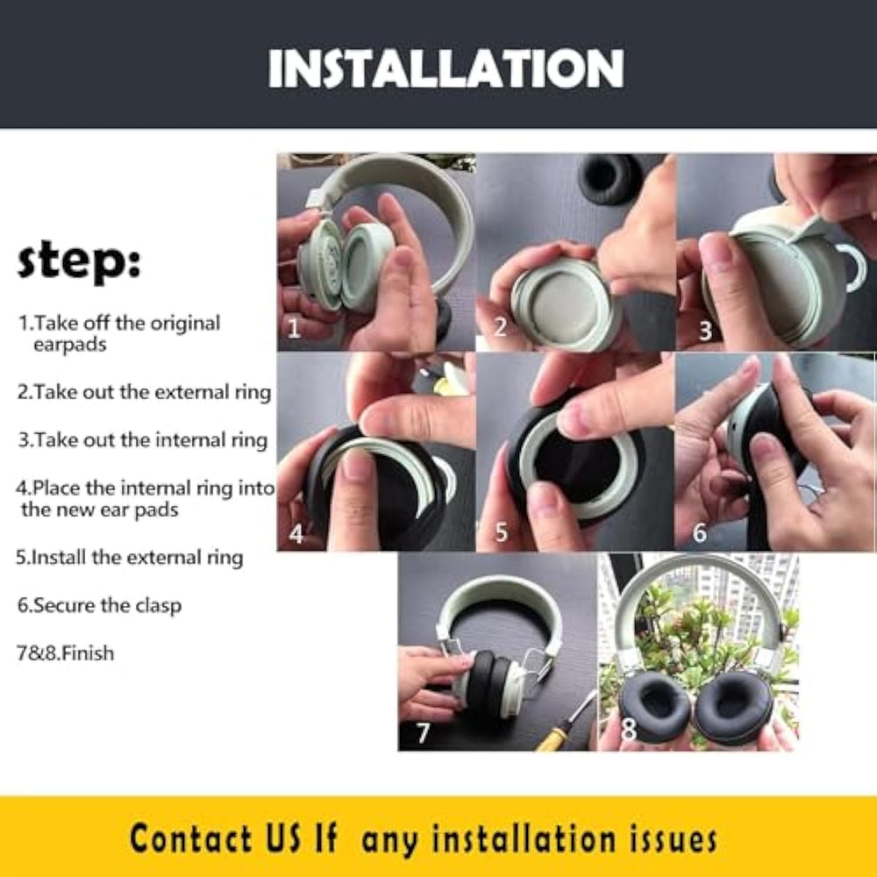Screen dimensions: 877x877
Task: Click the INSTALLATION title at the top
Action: pos(446,68)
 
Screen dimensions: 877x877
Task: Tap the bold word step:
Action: pos(79,261)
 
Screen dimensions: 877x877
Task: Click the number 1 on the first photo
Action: pos(294,327)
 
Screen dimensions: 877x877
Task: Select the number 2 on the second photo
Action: pos(500,327)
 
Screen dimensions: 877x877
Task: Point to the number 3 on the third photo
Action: pos(705,331)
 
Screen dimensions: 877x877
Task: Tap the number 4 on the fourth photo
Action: pos(296,534)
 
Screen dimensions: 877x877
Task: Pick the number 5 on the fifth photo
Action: pos(501,532)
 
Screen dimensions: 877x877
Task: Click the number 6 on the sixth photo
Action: pos(699,533)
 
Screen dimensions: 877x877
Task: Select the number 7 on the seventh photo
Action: pos(424,732)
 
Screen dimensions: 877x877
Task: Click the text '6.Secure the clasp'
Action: pos(99,606)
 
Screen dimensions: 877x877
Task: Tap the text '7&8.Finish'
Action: pos(66,653)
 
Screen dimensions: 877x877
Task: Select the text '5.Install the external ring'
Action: pos(129,558)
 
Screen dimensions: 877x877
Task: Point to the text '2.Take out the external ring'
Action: pos(144,393)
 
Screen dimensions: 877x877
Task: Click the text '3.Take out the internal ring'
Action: pos(143,440)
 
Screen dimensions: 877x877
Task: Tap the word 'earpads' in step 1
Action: pos(70,345)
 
